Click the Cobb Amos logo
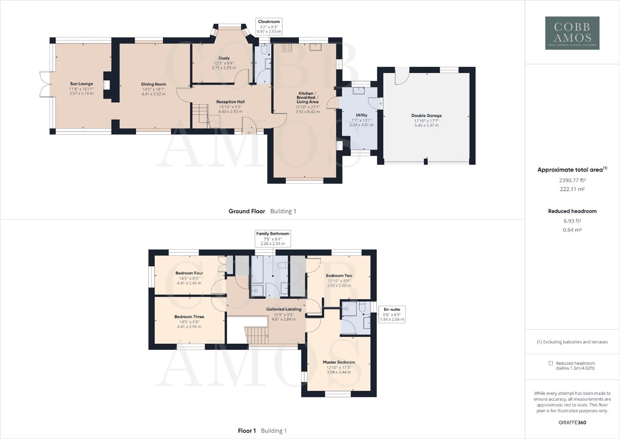pyautogui.click(x=572, y=33)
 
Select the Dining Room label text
pyautogui.click(x=153, y=84)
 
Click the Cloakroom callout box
pyautogui.click(x=269, y=26)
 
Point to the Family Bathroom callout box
pyautogui.click(x=272, y=239)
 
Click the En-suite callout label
pyautogui.click(x=392, y=314)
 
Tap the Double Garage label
pyautogui.click(x=426, y=115)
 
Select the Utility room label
pyautogui.click(x=361, y=115)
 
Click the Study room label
pyautogui.click(x=224, y=58)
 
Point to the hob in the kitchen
pyautogui.click(x=287, y=47)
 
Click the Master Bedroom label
pyautogui.click(x=339, y=362)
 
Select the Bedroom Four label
pyautogui.click(x=189, y=273)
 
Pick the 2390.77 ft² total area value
pyautogui.click(x=572, y=180)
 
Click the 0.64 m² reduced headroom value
pyautogui.click(x=572, y=230)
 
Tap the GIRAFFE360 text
pyautogui.click(x=572, y=422)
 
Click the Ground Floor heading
pyautogui.click(x=246, y=211)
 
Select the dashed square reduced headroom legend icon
pyautogui.click(x=551, y=363)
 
